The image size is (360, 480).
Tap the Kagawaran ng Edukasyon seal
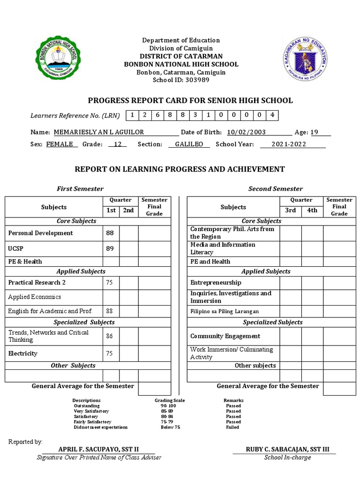[x=306, y=59]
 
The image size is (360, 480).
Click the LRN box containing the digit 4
[x=272, y=115]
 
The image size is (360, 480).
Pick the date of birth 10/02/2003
[x=247, y=132]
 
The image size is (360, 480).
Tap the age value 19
[x=314, y=132]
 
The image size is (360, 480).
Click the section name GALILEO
[x=189, y=144]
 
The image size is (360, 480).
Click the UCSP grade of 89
[x=110, y=248]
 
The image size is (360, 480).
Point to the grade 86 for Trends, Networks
[x=110, y=336]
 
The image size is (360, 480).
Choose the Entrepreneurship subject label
[x=216, y=283]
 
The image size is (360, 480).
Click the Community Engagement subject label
[x=225, y=336]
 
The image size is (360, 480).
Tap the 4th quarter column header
[x=312, y=210]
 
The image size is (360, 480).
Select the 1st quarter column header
[x=111, y=210]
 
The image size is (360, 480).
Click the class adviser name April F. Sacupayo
[x=98, y=449]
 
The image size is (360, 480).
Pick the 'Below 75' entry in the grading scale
[x=171, y=427]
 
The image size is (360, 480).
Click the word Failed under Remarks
[x=232, y=427]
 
